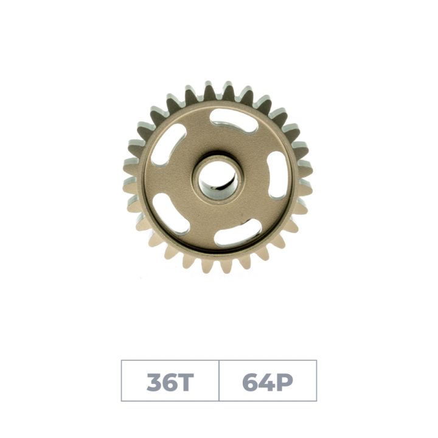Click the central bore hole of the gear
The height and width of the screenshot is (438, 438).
218,181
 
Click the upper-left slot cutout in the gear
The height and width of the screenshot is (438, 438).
168,145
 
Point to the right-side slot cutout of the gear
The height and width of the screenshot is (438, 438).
277,175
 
